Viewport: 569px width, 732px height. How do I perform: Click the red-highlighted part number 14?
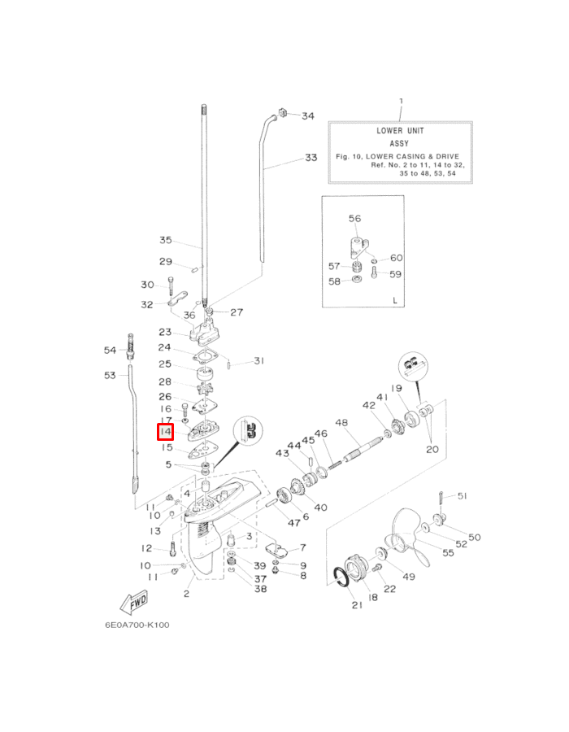click(166, 432)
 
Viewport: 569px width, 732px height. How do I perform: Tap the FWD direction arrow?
click(134, 603)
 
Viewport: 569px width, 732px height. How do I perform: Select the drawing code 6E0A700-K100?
click(137, 625)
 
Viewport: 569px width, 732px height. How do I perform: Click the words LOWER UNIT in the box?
click(400, 131)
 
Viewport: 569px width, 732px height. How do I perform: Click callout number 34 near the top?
click(308, 115)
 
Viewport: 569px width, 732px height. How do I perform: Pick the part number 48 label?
click(341, 422)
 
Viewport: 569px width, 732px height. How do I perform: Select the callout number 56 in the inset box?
click(355, 219)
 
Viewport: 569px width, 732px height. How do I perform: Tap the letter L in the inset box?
click(395, 300)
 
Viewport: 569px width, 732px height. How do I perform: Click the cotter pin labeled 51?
click(441, 498)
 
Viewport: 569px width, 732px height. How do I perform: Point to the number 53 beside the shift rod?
click(110, 375)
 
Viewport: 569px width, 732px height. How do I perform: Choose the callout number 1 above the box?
click(401, 101)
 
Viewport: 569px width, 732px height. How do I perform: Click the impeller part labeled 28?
click(205, 388)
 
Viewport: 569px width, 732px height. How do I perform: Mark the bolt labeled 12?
click(172, 547)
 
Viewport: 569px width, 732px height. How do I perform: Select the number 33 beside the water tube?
click(311, 158)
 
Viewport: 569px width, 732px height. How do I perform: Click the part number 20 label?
click(432, 449)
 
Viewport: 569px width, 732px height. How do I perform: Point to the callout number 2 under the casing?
click(187, 594)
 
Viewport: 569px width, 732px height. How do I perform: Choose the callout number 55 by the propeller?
click(448, 553)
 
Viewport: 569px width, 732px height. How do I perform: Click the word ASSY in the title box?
click(399, 143)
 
